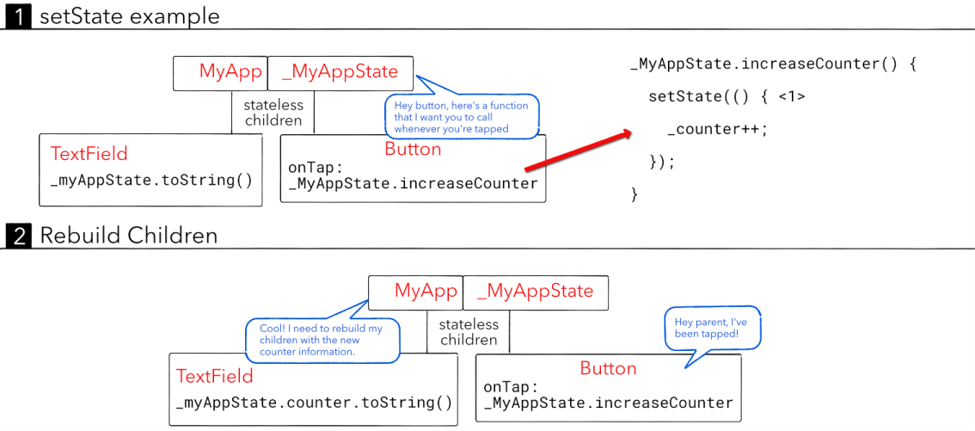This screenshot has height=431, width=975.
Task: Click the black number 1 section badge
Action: tap(18, 16)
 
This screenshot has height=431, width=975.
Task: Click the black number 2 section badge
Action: tap(18, 235)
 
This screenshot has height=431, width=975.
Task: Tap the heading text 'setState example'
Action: tap(130, 16)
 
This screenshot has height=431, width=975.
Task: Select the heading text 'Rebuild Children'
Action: tap(129, 235)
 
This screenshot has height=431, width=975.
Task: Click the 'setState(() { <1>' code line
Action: tap(727, 96)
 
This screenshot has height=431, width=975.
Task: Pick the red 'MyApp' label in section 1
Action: tap(230, 72)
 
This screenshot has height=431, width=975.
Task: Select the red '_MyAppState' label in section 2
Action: tap(535, 291)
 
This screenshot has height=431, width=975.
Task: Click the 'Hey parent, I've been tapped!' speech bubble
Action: tap(713, 328)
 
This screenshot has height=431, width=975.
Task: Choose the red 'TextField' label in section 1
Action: tap(89, 154)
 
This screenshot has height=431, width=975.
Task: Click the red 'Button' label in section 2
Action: tap(608, 368)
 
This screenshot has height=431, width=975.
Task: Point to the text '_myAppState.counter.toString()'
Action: tap(314, 403)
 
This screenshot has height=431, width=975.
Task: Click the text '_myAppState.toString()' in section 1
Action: tap(151, 180)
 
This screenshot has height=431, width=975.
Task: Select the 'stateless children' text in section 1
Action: tap(273, 113)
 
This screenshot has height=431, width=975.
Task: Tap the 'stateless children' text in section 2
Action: tap(469, 332)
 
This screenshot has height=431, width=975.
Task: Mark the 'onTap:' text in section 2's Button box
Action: tap(511, 387)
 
